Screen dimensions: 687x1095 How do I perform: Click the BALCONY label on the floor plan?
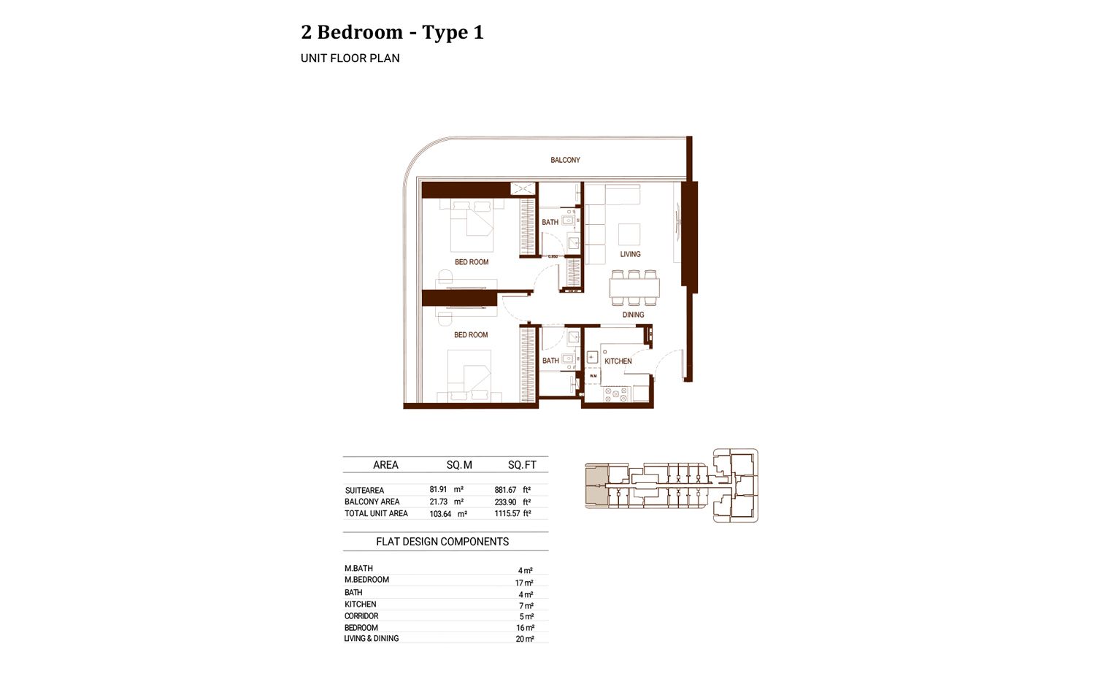point(565,160)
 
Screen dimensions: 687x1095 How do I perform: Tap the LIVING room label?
point(630,254)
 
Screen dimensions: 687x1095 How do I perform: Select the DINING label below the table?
point(633,315)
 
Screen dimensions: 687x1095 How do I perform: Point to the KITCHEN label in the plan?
point(618,361)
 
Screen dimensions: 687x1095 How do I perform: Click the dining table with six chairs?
point(634,288)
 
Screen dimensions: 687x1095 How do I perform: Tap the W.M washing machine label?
point(593,376)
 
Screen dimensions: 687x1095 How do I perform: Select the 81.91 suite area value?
point(438,490)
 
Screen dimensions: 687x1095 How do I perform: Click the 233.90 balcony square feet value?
point(505,502)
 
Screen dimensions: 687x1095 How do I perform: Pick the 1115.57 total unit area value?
point(507,514)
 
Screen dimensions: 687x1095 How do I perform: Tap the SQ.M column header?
point(459,465)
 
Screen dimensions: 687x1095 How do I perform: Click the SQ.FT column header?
point(522,465)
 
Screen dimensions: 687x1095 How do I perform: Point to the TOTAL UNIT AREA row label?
point(376,514)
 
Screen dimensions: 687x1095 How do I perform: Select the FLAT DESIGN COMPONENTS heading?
point(442,542)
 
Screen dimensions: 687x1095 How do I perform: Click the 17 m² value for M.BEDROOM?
point(524,583)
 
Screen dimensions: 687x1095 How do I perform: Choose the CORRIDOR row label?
point(361,616)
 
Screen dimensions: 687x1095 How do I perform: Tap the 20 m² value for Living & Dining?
point(525,639)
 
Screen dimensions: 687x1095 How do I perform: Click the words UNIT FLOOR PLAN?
point(350,58)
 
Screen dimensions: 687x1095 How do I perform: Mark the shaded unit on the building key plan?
point(596,484)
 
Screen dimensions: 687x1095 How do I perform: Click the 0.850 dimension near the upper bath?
point(553,256)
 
